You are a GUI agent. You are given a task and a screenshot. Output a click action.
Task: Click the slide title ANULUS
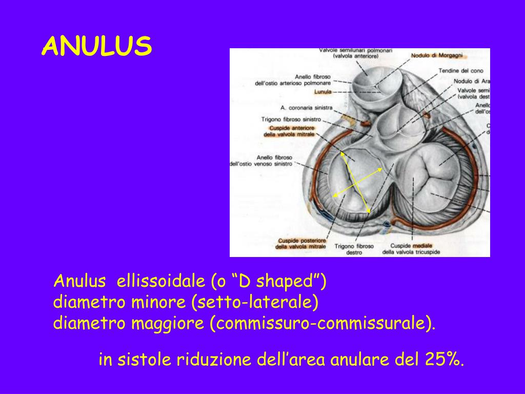coord(97,47)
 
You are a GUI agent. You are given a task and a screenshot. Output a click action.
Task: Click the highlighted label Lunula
coord(322,92)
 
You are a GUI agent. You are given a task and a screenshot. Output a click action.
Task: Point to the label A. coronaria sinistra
coord(306,108)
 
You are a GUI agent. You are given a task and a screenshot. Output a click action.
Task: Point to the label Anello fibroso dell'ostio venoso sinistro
coord(261,160)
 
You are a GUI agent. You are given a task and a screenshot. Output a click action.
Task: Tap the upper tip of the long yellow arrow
coord(342,152)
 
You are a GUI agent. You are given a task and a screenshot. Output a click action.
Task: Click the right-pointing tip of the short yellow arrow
coord(382,168)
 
